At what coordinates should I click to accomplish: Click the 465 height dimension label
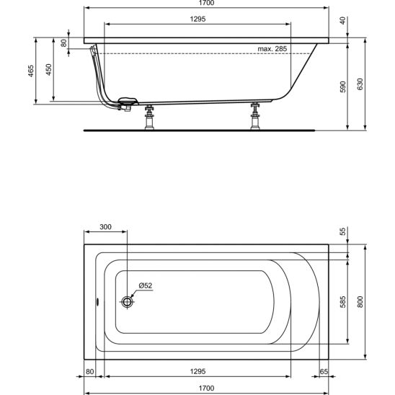pyautogui.click(x=31, y=71)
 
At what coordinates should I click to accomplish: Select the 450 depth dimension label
pyautogui.click(x=49, y=69)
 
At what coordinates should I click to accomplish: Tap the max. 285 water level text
pyautogui.click(x=272, y=48)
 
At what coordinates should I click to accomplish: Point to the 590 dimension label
pyautogui.click(x=343, y=87)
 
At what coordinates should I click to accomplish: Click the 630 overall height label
pyautogui.click(x=360, y=84)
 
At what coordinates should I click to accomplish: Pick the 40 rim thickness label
pyautogui.click(x=343, y=21)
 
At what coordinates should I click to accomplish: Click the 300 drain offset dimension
pyautogui.click(x=105, y=227)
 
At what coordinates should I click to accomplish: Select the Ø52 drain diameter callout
pyautogui.click(x=146, y=285)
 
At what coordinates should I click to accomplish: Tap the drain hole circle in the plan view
pyautogui.click(x=127, y=301)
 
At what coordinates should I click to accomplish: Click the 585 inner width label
pyautogui.click(x=343, y=302)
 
